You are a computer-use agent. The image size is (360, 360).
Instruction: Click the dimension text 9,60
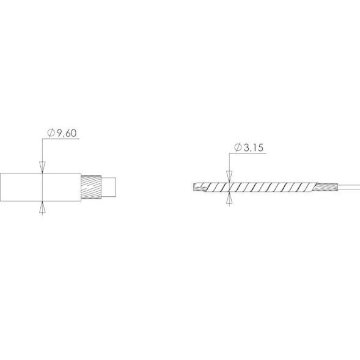pyautogui.click(x=67, y=133)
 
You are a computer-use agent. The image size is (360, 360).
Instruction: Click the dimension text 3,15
pyautogui.click(x=253, y=148)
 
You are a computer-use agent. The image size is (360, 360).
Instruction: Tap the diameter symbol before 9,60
pyautogui.click(x=51, y=133)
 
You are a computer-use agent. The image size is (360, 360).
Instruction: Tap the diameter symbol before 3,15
pyautogui.click(x=238, y=147)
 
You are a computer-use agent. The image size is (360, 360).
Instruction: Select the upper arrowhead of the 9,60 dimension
pyautogui.click(x=42, y=167)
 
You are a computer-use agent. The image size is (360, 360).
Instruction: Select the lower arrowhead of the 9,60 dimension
pyautogui.click(x=42, y=207)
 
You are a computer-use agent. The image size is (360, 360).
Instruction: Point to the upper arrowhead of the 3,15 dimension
pyautogui.click(x=229, y=176)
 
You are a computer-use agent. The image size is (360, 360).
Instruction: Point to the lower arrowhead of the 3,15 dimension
pyautogui.click(x=229, y=197)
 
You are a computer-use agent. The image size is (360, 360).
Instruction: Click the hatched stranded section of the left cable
pyautogui.click(x=91, y=187)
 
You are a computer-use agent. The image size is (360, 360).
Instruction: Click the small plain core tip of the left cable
pyautogui.click(x=109, y=187)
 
